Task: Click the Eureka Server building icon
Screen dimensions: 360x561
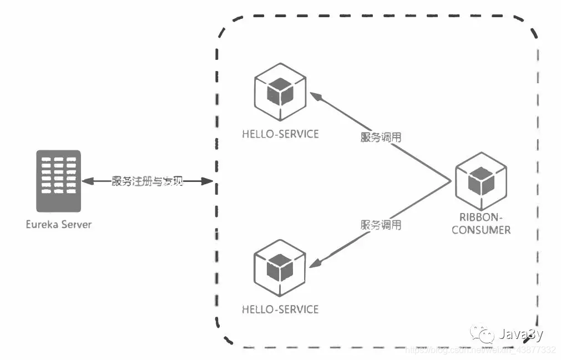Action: [x=58, y=181]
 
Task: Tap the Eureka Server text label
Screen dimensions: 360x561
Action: [x=58, y=225]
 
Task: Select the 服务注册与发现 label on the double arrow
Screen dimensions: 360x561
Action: [x=147, y=181]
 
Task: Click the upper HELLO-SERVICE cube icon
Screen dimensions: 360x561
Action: [x=280, y=93]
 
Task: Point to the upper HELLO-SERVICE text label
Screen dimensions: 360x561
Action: [x=280, y=134]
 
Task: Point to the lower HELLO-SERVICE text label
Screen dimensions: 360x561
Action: [x=280, y=309]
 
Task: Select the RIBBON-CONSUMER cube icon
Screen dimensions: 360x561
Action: [x=481, y=180]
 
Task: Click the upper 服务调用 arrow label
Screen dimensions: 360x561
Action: [x=381, y=138]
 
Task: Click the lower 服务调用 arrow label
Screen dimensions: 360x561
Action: [x=381, y=225]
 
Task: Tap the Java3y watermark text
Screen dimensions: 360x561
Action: [x=520, y=334]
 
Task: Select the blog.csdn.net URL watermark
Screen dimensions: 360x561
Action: [x=480, y=350]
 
